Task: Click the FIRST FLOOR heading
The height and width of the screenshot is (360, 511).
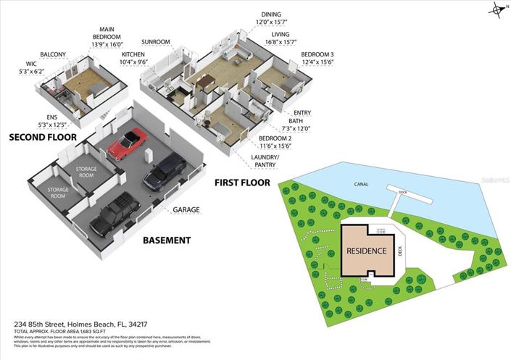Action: tap(242, 183)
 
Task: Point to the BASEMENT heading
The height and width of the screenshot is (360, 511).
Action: tap(167, 240)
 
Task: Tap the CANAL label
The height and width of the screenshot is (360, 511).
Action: tap(361, 184)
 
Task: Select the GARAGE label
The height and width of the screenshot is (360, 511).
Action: tap(186, 210)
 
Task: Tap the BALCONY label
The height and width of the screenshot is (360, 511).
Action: tap(53, 54)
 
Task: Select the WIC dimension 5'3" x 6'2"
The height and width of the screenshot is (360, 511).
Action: tap(31, 71)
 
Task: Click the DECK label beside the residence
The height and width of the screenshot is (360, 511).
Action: tap(400, 251)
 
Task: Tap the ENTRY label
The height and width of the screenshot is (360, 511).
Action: tap(302, 113)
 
